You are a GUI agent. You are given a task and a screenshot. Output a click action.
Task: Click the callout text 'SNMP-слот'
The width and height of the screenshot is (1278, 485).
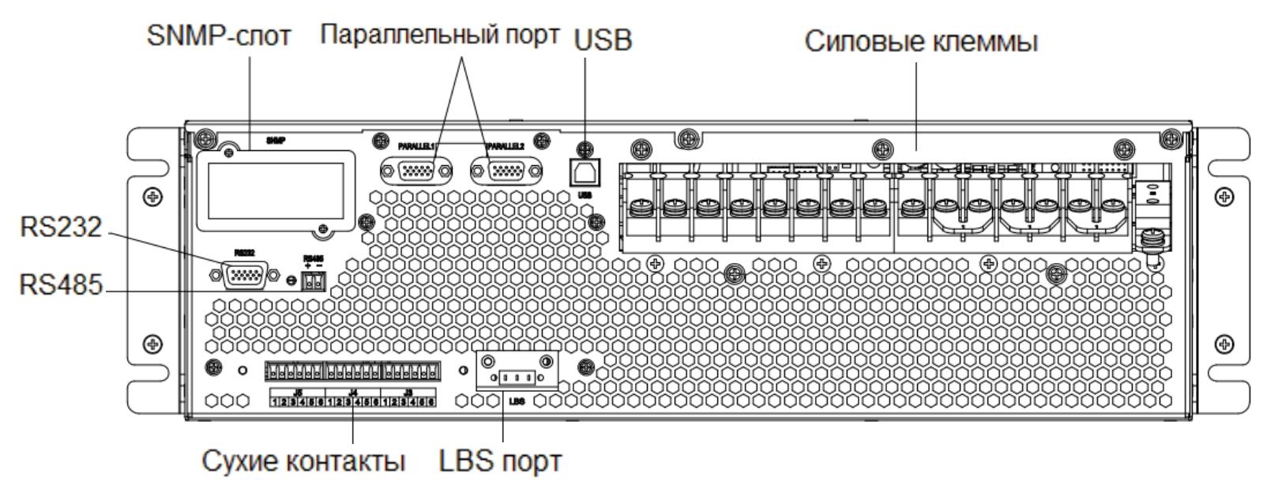coord(219,36)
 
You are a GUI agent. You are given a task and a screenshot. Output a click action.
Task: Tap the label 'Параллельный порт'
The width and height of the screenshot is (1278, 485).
coord(441,36)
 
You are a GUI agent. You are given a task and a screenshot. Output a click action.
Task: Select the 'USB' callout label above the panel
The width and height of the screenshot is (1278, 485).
coord(603,39)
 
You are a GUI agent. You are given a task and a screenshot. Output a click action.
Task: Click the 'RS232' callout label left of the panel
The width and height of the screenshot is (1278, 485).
coord(61,227)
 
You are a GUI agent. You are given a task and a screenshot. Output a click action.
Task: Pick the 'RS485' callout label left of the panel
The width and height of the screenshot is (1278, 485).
coord(61,284)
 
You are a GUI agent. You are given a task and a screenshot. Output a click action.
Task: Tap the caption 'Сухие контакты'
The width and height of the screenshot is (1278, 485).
coord(304,461)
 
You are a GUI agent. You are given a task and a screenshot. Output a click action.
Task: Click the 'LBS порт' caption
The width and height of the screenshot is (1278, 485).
coord(501,461)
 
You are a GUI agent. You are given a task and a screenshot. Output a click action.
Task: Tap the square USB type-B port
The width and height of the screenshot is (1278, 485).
coord(584,173)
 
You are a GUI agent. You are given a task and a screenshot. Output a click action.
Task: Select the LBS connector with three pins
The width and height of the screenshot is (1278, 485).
coord(517,377)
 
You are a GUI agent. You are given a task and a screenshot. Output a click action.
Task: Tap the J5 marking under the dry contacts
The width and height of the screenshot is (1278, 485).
coord(298,391)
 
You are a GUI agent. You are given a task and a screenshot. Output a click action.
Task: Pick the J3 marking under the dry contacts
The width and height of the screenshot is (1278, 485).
coord(408,391)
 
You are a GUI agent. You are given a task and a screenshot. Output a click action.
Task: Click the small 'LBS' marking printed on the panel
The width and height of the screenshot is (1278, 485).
coord(517,400)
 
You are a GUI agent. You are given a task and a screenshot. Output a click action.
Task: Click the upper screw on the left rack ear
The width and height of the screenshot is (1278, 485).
coord(155,195)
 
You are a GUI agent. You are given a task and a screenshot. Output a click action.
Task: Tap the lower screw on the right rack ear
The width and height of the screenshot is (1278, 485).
coord(1225,344)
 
